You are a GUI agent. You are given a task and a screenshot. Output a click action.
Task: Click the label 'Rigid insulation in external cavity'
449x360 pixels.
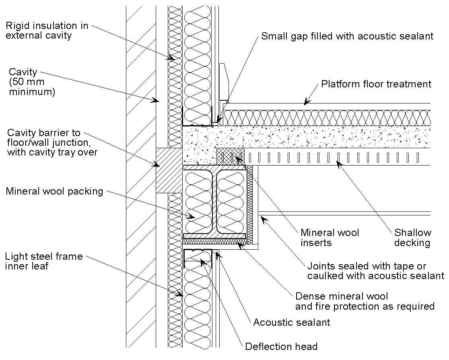coord(47,31)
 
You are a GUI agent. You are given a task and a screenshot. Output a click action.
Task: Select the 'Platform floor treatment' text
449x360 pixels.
coord(376,84)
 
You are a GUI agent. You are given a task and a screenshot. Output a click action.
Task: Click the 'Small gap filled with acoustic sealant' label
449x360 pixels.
coord(347,36)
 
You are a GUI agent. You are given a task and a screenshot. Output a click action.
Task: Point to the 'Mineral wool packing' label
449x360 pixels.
coord(54,191)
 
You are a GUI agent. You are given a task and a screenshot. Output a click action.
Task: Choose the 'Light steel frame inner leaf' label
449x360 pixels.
coord(44,261)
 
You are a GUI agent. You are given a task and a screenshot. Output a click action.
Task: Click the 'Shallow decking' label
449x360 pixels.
coord(412,237)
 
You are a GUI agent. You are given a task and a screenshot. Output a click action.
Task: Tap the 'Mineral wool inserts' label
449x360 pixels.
coord(330,237)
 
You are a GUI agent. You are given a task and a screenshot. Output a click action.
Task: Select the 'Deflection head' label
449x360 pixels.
coord(281,346)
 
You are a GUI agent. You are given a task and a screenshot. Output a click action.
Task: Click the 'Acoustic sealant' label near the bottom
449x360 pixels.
coord(291,322)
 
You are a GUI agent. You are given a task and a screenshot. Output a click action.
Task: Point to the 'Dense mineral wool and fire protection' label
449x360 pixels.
coord(365,301)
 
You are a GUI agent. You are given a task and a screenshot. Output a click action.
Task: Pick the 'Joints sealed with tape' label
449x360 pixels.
coord(375,271)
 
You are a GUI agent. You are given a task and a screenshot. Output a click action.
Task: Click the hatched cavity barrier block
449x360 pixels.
coord(169,170)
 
